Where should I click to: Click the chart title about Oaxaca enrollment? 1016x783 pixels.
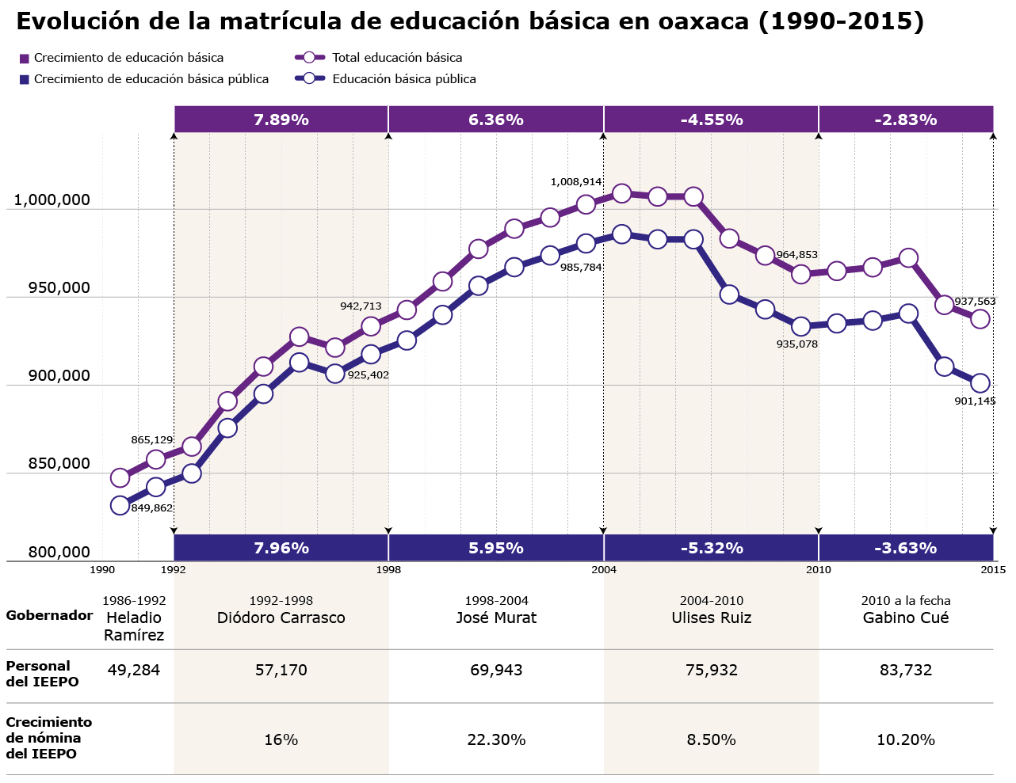click(470, 21)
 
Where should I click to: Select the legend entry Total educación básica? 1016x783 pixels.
click(396, 58)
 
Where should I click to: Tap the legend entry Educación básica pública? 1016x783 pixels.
click(403, 79)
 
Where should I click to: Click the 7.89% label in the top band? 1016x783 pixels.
click(281, 120)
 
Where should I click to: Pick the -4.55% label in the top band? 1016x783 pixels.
click(711, 120)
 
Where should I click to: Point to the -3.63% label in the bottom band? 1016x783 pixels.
click(905, 548)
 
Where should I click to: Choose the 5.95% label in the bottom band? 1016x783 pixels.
click(495, 548)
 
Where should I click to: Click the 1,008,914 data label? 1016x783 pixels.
click(576, 182)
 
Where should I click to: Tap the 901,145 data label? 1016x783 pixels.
click(975, 401)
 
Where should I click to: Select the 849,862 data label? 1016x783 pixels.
click(151, 508)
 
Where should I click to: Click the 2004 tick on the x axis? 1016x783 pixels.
click(603, 569)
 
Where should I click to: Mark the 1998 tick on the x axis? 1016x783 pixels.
click(388, 569)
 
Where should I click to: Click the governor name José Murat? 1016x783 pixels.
click(496, 618)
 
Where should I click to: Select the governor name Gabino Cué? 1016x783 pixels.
click(905, 618)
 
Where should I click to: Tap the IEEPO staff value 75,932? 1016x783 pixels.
click(711, 671)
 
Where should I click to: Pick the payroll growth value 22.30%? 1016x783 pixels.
click(496, 740)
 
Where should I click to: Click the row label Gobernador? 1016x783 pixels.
click(49, 615)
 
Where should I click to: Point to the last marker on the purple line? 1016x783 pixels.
click(980, 319)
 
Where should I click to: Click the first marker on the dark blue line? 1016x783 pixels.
click(120, 505)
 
